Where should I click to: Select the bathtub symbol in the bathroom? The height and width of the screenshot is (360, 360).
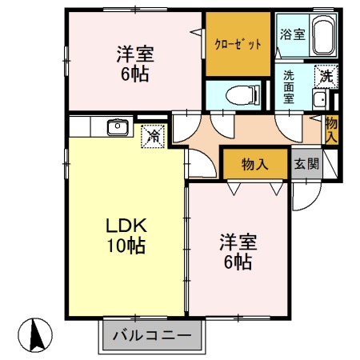coord(322,37)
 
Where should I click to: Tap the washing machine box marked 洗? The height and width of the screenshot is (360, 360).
coord(325,77)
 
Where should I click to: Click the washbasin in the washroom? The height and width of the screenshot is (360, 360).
coord(320,100)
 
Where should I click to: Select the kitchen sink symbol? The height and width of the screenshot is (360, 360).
coord(118,126)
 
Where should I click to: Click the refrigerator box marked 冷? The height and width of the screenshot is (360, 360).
coord(152,137)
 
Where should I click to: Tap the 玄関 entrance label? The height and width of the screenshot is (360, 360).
coord(305,164)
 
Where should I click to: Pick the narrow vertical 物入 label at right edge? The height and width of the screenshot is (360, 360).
coord(331,130)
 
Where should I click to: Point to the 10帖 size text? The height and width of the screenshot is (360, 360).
coord(123,246)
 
